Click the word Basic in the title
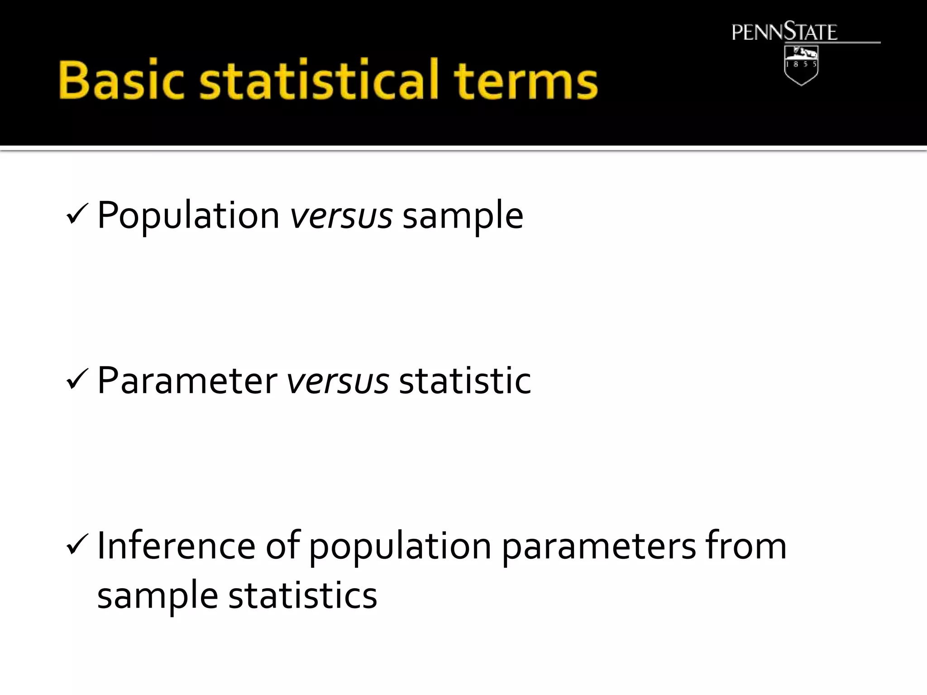[x=121, y=80]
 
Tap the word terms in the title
[x=526, y=81]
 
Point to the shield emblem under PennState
[x=801, y=65]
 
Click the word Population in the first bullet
[x=188, y=216]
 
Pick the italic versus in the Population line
[x=341, y=216]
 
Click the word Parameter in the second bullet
[x=187, y=381]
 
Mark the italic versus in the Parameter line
[x=338, y=381]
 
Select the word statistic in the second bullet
[x=465, y=381]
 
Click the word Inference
[x=176, y=546]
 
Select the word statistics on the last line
[x=302, y=595]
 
